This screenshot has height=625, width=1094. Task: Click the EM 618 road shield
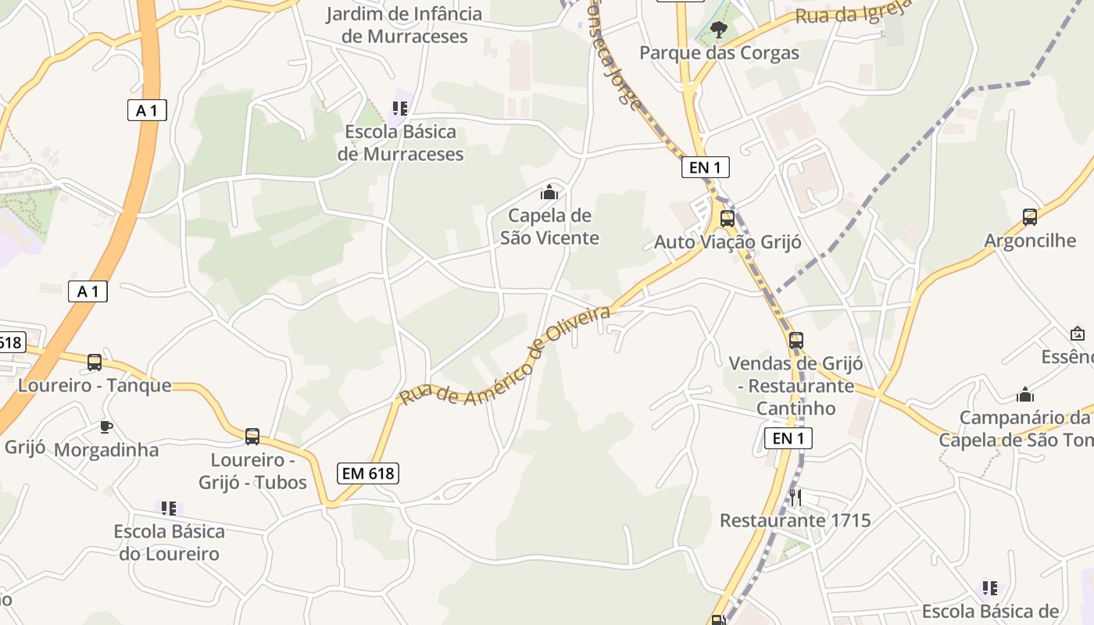(369, 473)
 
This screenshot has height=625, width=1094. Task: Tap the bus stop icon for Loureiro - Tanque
(95, 362)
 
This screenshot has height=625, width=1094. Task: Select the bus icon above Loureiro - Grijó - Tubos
(252, 436)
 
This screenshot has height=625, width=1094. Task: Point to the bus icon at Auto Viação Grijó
(727, 218)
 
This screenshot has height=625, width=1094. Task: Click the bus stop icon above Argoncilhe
(1029, 216)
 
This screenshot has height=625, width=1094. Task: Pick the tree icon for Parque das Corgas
(718, 30)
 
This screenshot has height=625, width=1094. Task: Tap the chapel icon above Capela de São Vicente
(549, 191)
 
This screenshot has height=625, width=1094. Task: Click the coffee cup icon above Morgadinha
(105, 427)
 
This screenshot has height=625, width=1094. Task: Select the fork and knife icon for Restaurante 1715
(795, 497)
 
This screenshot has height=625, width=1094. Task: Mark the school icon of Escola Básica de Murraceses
(400, 108)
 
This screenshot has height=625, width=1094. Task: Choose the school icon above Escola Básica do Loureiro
(169, 509)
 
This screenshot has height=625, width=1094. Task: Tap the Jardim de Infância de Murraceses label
(404, 25)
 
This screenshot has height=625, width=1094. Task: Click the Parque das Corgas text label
(719, 53)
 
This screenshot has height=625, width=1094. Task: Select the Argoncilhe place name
(1029, 240)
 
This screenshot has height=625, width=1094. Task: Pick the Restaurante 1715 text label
(795, 520)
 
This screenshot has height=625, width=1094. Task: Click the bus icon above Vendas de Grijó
(795, 340)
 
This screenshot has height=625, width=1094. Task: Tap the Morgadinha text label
(106, 450)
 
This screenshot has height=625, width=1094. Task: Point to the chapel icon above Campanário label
(1025, 395)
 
